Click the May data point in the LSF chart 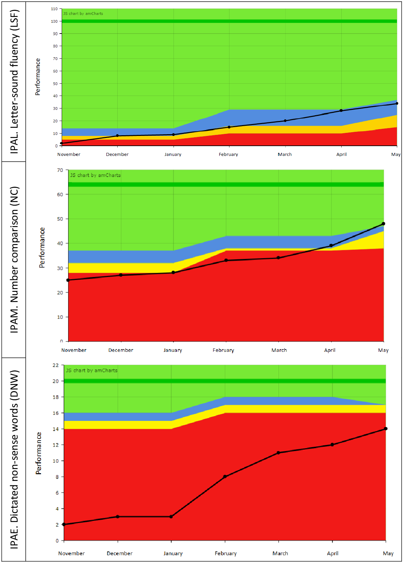click(x=397, y=103)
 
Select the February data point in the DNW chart click(x=225, y=477)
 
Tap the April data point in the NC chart click(x=331, y=245)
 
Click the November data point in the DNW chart click(x=64, y=524)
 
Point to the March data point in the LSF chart click(x=285, y=121)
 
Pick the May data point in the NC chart click(x=383, y=224)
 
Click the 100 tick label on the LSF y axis click(x=54, y=21)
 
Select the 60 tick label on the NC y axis click(x=60, y=195)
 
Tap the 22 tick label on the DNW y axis click(x=56, y=365)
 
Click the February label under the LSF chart click(x=228, y=155)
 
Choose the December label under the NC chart click(x=121, y=350)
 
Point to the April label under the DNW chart click(x=332, y=553)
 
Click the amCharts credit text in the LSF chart click(x=83, y=14)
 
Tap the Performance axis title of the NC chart click(x=42, y=247)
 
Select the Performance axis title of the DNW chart click(x=39, y=453)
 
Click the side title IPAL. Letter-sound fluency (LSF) click(x=14, y=81)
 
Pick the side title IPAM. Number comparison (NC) click(x=14, y=260)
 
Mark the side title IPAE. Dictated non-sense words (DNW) click(x=14, y=459)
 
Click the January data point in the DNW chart click(x=171, y=517)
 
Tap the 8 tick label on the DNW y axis click(x=57, y=477)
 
